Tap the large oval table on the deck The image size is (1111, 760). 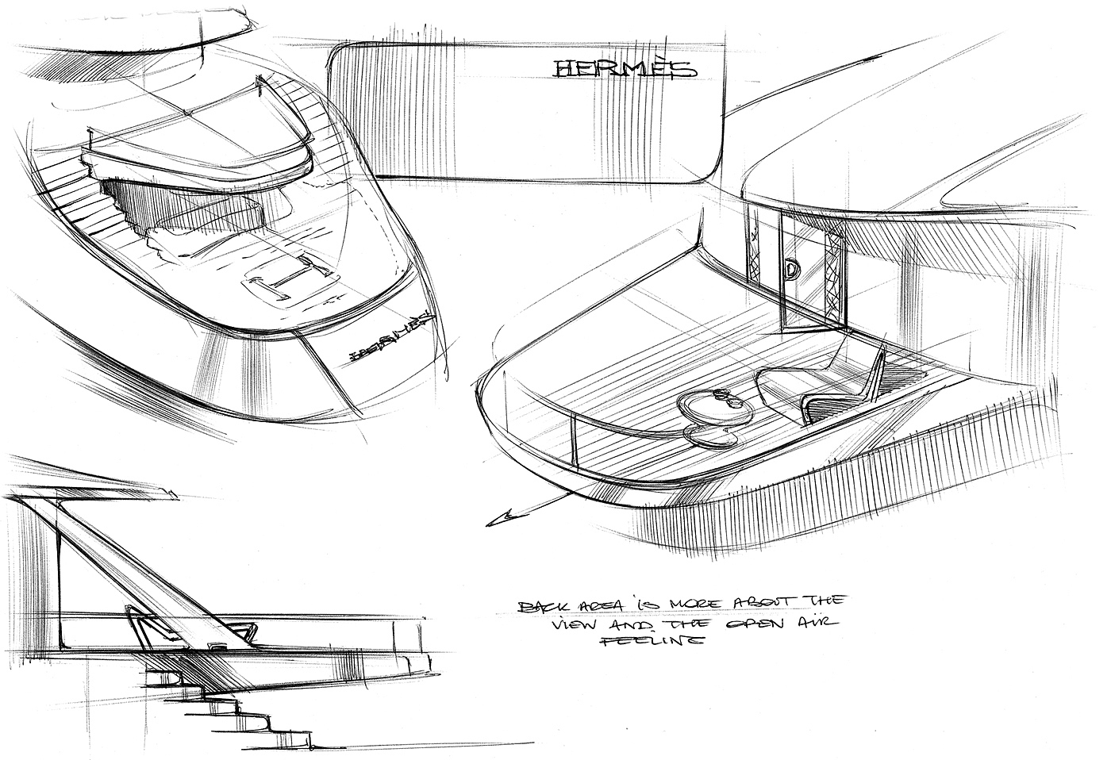click(x=714, y=408)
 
